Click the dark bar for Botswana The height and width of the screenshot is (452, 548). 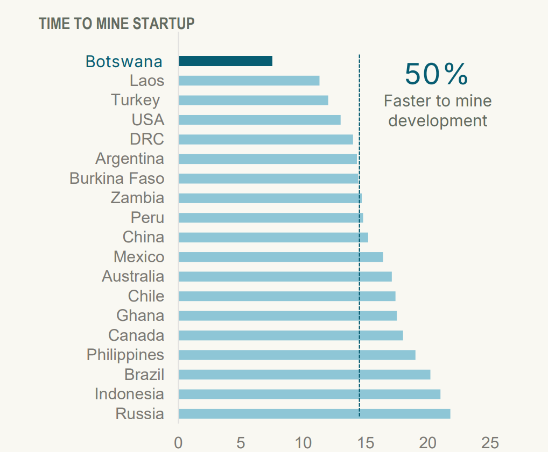point(225,61)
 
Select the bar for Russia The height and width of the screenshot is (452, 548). point(314,414)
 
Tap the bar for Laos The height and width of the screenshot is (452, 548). point(249,81)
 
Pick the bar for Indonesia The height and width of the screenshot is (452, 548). point(309,394)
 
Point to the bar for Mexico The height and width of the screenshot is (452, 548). point(280,257)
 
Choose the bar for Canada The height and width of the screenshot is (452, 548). point(290,336)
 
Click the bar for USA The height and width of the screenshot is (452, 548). point(259,120)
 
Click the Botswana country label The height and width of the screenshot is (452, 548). point(124,62)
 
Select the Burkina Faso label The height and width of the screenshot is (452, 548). point(117,178)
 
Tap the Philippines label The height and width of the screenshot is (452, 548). point(125,355)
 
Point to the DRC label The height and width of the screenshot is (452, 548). point(147,139)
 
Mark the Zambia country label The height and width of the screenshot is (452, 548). point(137,198)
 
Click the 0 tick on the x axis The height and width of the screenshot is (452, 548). point(178,443)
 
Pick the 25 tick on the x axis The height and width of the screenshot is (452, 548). point(490,443)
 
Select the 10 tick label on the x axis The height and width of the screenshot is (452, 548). point(303,443)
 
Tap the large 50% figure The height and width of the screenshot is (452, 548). point(437,74)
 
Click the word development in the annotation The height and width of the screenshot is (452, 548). point(438,120)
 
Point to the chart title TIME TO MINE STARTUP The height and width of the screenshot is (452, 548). point(117,24)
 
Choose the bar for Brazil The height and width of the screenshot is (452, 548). point(304,375)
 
